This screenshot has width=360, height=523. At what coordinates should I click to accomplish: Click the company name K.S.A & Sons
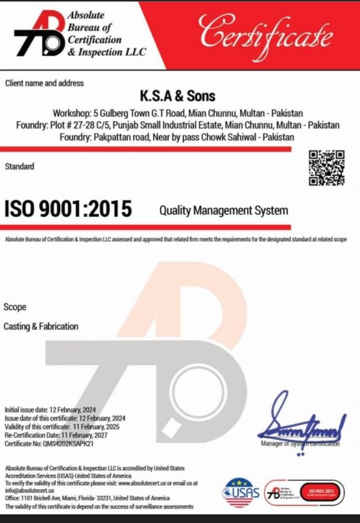[x=177, y=97]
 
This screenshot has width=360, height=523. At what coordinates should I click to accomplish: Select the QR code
[x=326, y=168]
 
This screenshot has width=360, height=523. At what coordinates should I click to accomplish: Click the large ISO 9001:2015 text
[x=69, y=209]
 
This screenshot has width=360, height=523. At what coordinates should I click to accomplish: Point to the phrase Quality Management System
[x=224, y=211]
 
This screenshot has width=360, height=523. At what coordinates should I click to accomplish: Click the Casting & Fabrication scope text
[x=41, y=326]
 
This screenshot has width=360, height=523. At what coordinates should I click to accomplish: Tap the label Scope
[x=15, y=308]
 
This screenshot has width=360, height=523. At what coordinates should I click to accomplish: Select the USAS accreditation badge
[x=241, y=492]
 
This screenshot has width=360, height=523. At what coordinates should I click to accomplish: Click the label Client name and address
[x=44, y=83]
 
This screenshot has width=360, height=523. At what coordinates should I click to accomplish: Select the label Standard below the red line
[x=19, y=167]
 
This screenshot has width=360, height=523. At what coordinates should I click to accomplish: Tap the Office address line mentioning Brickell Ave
[x=87, y=498]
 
